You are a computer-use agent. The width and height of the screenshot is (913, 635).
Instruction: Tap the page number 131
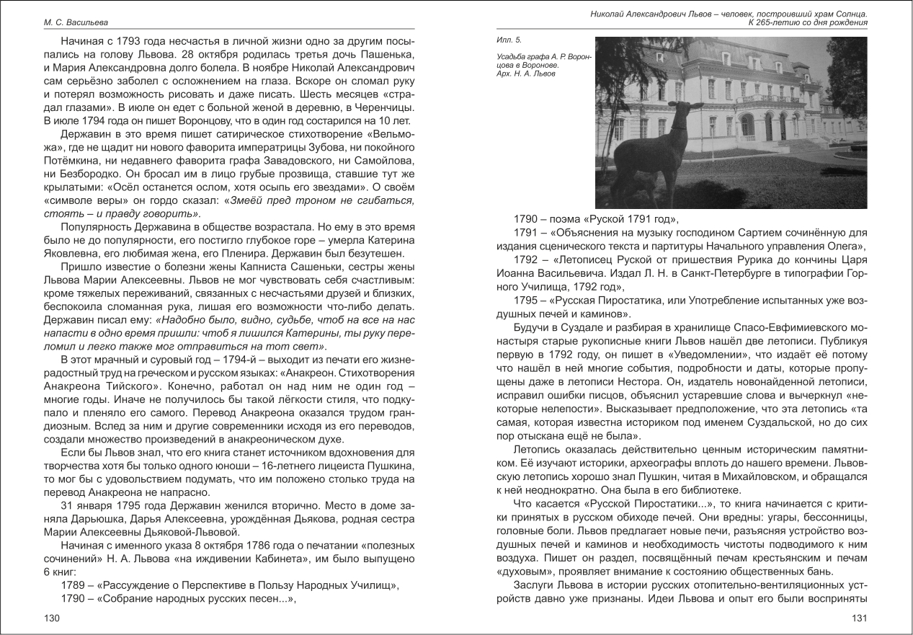[x=860, y=618]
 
